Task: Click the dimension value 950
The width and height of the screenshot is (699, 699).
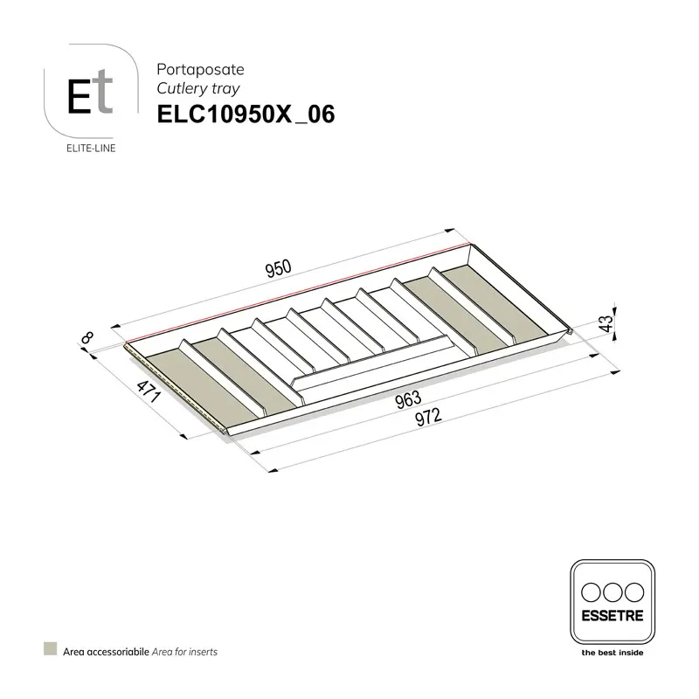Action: pyautogui.click(x=277, y=269)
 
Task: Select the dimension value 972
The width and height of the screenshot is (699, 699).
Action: pyautogui.click(x=427, y=417)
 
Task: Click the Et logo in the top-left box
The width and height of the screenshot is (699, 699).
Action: pyautogui.click(x=90, y=96)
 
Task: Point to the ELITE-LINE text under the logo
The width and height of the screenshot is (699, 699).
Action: pyautogui.click(x=91, y=147)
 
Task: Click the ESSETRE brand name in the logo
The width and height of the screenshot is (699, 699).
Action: pyautogui.click(x=612, y=614)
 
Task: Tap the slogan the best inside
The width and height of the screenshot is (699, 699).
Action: pyautogui.click(x=612, y=652)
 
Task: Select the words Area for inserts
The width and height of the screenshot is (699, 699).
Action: pyautogui.click(x=186, y=652)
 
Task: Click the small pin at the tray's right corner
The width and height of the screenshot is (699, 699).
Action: pyautogui.click(x=570, y=330)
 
